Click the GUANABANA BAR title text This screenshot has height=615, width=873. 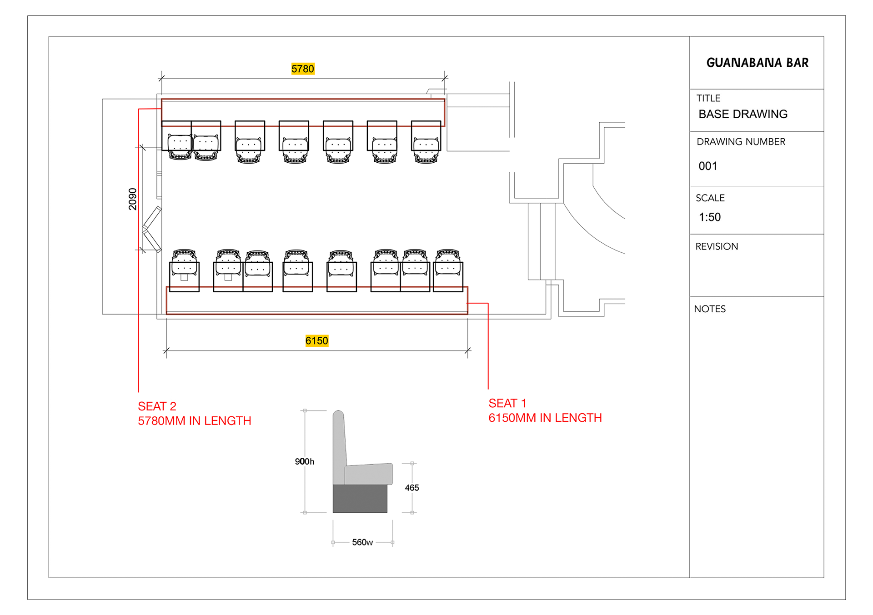(x=758, y=63)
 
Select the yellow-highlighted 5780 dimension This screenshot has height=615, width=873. (x=303, y=69)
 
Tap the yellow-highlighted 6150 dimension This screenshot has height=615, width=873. (x=317, y=340)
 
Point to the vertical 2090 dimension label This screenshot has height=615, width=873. (x=132, y=199)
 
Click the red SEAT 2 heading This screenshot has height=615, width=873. (x=157, y=406)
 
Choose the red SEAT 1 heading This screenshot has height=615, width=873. (x=507, y=403)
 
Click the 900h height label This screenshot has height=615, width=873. (x=305, y=461)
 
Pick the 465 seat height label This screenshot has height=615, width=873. (x=412, y=488)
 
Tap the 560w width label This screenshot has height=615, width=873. (x=362, y=542)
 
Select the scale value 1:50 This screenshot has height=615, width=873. (x=710, y=217)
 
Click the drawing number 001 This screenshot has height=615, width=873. (x=708, y=166)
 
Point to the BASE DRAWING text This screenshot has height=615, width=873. (x=743, y=114)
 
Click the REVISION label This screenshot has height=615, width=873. (x=717, y=246)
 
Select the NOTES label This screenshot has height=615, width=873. (x=710, y=309)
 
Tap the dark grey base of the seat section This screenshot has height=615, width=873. (x=360, y=499)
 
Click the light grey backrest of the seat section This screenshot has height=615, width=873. (x=339, y=447)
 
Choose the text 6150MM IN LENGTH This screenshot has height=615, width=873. (x=545, y=418)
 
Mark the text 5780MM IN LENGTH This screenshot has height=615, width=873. (x=195, y=421)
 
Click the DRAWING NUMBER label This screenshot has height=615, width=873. (x=741, y=142)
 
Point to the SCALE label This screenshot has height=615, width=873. (x=710, y=198)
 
